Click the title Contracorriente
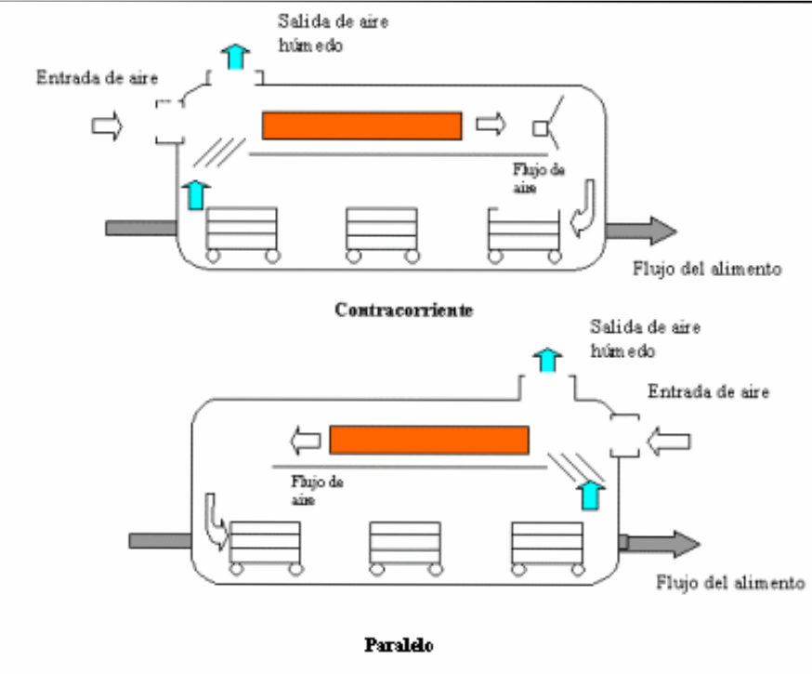[x=404, y=311]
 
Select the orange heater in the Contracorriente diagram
[x=361, y=125]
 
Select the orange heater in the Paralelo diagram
[x=429, y=438]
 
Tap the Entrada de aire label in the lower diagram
[x=709, y=390]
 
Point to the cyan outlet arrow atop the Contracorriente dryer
[x=237, y=57]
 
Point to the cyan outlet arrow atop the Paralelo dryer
[x=547, y=360]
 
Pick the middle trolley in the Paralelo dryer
[x=405, y=547]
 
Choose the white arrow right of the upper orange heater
[x=491, y=124]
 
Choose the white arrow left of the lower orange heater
[x=302, y=437]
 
